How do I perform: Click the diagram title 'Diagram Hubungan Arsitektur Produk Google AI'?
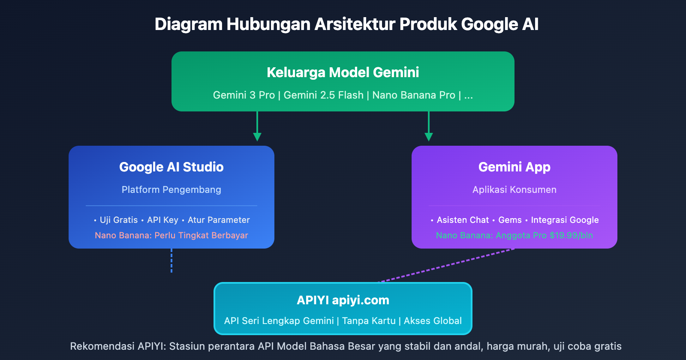(x=346, y=24)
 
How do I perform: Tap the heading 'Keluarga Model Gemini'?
(x=343, y=72)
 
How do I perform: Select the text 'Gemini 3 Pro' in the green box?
(x=244, y=95)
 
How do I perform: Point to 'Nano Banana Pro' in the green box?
(x=413, y=95)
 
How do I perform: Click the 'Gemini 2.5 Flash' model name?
(x=323, y=95)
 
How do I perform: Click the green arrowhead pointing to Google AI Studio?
(x=257, y=137)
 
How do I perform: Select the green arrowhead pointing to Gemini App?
(x=429, y=137)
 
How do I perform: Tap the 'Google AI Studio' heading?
(x=171, y=167)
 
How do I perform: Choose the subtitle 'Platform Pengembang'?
(x=171, y=189)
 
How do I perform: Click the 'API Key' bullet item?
(x=162, y=220)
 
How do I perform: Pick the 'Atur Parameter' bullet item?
(x=219, y=220)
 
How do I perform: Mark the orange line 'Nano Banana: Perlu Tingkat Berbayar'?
(x=171, y=235)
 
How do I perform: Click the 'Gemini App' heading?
(x=514, y=167)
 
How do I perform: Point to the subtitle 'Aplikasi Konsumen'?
(x=514, y=189)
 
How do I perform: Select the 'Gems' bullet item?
(x=510, y=220)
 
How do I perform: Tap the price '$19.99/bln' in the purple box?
(x=571, y=235)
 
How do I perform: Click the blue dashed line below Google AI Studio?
(x=171, y=261)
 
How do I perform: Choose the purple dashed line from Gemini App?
(x=446, y=266)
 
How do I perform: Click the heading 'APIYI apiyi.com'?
(x=343, y=300)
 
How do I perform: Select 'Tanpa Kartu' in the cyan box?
(x=369, y=321)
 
